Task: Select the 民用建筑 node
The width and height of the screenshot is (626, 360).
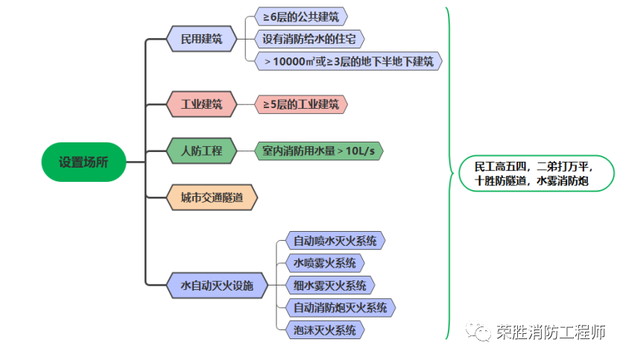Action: (x=201, y=39)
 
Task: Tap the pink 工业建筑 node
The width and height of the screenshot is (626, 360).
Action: (x=201, y=104)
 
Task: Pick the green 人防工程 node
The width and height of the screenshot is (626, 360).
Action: (x=201, y=151)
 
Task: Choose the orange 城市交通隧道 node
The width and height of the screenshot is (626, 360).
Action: (x=212, y=198)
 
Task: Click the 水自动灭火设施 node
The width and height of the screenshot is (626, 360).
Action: (x=217, y=284)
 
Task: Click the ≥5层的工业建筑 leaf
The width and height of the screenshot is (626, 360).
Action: (x=301, y=104)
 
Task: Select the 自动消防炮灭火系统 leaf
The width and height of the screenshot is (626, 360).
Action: (x=340, y=306)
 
